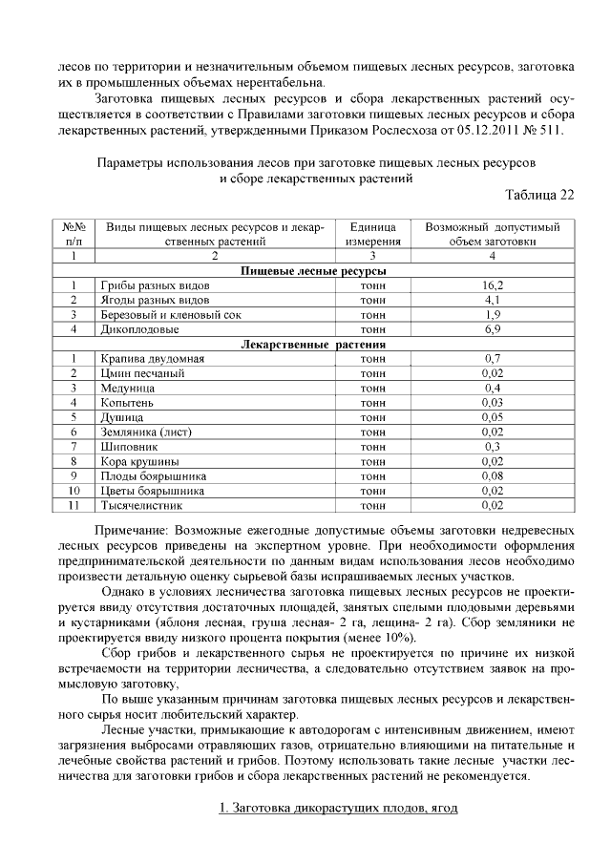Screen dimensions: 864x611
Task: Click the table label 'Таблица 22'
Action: pyautogui.click(x=539, y=195)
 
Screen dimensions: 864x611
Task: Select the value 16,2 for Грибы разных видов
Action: pyautogui.click(x=493, y=285)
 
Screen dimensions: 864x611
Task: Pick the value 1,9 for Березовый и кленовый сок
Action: pyautogui.click(x=493, y=314)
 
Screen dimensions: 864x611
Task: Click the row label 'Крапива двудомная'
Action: pyautogui.click(x=152, y=359)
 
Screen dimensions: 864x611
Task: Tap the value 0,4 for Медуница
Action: pyautogui.click(x=493, y=389)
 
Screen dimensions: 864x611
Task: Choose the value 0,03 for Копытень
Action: pyautogui.click(x=493, y=403)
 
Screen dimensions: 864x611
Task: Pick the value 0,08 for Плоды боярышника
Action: pyautogui.click(x=493, y=475)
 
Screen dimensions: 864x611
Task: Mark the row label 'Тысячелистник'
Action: pyautogui.click(x=141, y=505)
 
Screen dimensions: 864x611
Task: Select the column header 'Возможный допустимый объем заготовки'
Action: pyautogui.click(x=493, y=235)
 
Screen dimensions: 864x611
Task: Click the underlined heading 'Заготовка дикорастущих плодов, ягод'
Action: pyautogui.click(x=338, y=809)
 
